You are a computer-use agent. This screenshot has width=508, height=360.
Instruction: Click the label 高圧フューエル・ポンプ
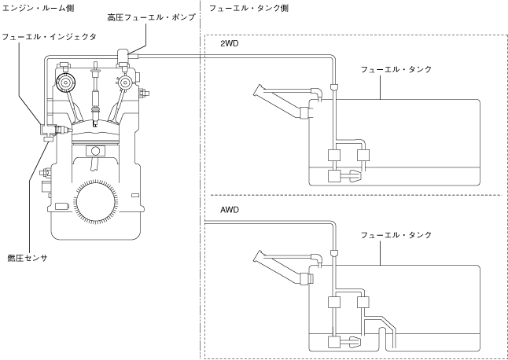(152, 17)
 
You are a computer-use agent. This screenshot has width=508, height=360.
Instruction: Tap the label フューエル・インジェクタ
(50, 37)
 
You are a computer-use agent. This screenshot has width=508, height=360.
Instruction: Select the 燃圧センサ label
(28, 258)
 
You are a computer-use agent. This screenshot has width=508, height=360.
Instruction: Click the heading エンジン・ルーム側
(38, 8)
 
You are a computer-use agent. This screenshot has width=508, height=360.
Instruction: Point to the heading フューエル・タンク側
(248, 8)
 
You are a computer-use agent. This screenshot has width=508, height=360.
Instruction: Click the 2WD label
(230, 43)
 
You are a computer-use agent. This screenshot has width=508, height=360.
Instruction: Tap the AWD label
(230, 210)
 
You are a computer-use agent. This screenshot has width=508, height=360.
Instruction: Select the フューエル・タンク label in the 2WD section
(396, 69)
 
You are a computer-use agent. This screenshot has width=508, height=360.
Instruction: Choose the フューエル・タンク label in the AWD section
(396, 235)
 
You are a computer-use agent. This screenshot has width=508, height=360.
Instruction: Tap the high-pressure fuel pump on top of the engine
(123, 57)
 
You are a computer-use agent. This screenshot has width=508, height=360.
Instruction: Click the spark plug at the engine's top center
(95, 94)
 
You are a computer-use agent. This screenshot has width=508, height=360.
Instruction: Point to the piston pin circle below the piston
(95, 151)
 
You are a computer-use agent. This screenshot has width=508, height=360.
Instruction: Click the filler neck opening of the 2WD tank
(258, 90)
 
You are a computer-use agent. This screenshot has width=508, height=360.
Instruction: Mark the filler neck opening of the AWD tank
(258, 256)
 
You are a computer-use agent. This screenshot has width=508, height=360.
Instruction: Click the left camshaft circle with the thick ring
(64, 83)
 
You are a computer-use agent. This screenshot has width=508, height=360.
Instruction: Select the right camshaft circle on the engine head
(124, 83)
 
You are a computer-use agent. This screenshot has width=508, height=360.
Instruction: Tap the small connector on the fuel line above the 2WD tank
(333, 86)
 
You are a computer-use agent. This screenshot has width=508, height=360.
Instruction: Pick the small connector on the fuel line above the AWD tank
(333, 252)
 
